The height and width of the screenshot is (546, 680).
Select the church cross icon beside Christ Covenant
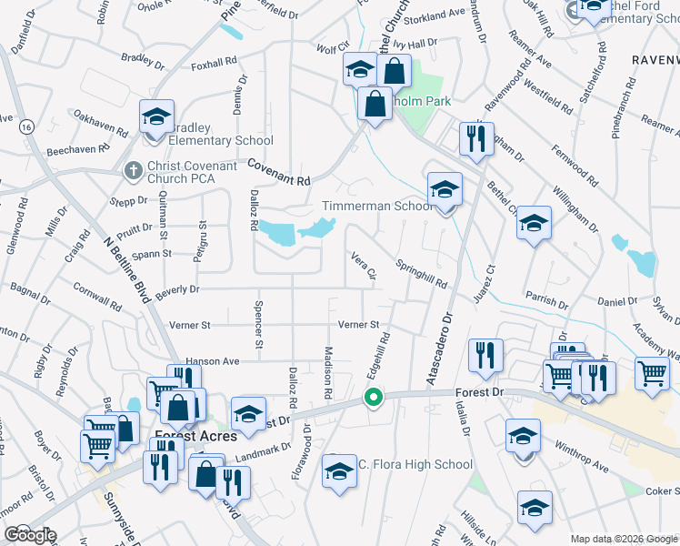point(133,170)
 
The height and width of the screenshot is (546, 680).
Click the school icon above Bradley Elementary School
point(156,117)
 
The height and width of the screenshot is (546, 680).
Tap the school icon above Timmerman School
point(445,189)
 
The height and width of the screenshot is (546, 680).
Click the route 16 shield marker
point(27,126)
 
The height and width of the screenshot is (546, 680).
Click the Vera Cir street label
point(364,266)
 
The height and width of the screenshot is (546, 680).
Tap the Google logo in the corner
point(30,534)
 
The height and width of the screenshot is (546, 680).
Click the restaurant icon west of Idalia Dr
point(485,356)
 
